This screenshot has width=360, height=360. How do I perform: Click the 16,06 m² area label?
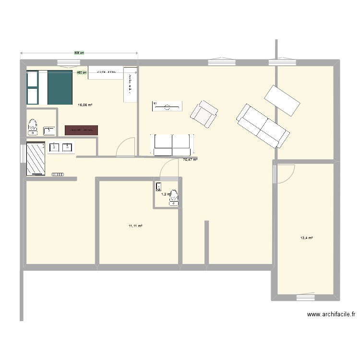[x=85, y=105]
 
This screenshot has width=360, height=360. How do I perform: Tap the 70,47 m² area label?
[x=190, y=159]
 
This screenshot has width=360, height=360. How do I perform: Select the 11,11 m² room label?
[x=135, y=226]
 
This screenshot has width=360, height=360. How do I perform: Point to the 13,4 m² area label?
[x=306, y=238]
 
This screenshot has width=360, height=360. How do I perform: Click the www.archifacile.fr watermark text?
[x=331, y=315]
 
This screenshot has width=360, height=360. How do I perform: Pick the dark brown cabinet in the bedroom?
[x=82, y=130]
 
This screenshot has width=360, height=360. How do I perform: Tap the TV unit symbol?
[x=167, y=107]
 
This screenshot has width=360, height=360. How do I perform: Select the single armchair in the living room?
[x=204, y=114]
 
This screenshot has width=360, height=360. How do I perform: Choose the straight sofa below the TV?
[x=172, y=144]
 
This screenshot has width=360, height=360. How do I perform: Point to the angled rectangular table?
[x=282, y=100]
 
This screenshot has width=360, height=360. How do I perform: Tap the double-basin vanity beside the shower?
[x=61, y=147]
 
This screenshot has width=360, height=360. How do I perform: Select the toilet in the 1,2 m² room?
[x=173, y=197]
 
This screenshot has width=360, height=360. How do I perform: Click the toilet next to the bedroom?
[x=33, y=126]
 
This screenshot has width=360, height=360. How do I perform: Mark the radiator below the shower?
[x=57, y=174]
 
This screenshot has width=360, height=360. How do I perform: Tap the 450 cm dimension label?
[x=82, y=73]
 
